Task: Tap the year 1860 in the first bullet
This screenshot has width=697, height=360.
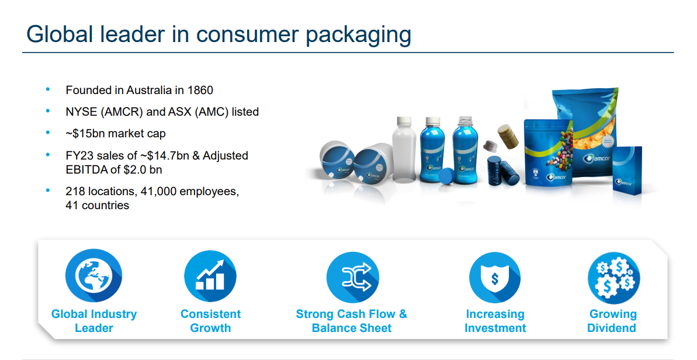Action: [x=200, y=90]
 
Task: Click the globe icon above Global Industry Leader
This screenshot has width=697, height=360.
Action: [x=94, y=276]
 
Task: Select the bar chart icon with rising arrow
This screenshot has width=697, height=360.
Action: [x=210, y=276]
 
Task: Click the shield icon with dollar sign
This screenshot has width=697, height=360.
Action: [x=495, y=278]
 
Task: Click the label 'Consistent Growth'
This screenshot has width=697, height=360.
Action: [x=211, y=321]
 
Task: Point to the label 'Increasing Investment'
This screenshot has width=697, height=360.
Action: [x=495, y=321]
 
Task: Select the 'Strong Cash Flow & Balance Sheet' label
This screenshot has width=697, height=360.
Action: [x=352, y=321]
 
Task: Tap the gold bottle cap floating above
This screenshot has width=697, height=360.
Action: [x=507, y=136]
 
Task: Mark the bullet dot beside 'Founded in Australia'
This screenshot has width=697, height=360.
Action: [x=48, y=90]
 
